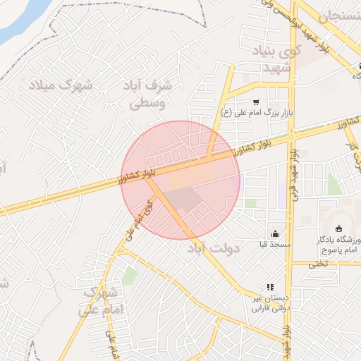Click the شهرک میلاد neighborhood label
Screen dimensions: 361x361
pos(62,85)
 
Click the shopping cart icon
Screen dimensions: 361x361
pos(255,102)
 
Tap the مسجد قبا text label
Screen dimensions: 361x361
pos(274,245)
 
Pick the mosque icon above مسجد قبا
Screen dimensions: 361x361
pos(274,233)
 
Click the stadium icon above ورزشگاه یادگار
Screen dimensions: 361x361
pos(339,228)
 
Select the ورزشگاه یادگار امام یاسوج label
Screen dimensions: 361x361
pos(337,245)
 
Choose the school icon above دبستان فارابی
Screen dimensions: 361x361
pos(269,288)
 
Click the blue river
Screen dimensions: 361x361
pos(21,21)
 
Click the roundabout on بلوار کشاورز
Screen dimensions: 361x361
pos(292,134)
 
